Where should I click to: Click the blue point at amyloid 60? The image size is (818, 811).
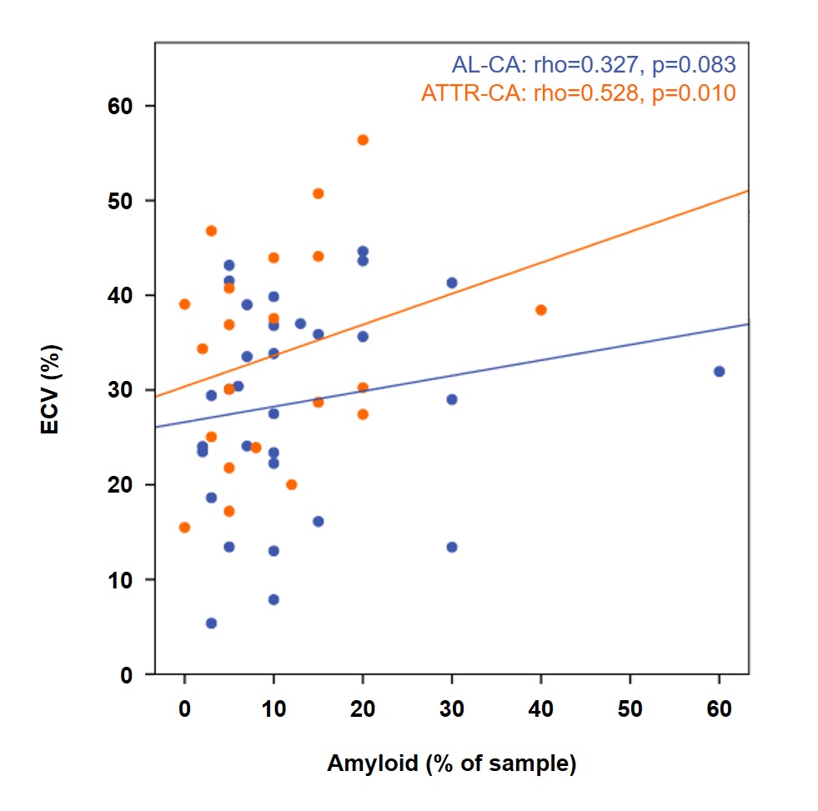tap(719, 371)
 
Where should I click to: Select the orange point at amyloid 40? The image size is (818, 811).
tap(540, 310)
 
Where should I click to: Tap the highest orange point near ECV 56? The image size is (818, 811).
tap(363, 139)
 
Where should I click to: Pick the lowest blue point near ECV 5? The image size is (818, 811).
tap(211, 623)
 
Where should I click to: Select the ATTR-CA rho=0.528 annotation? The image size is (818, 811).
tap(579, 93)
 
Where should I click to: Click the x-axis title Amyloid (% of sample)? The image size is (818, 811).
tap(451, 763)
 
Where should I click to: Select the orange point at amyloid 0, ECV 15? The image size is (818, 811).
tap(184, 527)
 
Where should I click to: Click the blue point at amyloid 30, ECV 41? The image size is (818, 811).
tap(452, 283)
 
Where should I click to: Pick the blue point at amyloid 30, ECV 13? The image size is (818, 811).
tap(452, 547)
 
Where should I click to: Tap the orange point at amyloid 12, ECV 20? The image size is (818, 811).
tap(291, 484)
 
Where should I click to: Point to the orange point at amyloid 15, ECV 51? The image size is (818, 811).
tap(318, 193)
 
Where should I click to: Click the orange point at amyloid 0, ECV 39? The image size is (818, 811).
tap(184, 304)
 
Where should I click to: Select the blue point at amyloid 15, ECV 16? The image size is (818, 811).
tap(318, 521)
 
